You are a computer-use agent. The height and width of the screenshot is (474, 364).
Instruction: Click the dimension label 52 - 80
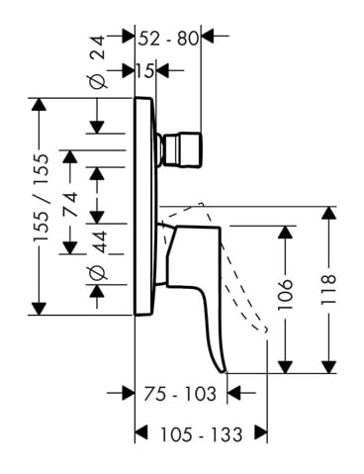point(168,39)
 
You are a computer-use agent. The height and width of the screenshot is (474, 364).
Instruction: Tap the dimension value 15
point(145,70)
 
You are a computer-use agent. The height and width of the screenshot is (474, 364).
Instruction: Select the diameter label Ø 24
point(98,61)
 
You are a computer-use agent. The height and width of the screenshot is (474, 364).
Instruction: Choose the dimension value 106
point(285,295)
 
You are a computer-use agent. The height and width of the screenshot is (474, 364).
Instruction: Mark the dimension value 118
point(328,289)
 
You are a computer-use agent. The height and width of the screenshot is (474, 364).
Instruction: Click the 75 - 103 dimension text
point(180,394)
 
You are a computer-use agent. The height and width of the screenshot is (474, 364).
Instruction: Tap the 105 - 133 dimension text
point(202,434)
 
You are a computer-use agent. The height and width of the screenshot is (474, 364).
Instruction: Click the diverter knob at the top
point(183,149)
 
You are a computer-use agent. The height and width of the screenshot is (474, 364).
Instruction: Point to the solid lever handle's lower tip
point(225,372)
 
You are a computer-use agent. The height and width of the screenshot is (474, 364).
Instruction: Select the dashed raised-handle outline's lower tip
point(266,330)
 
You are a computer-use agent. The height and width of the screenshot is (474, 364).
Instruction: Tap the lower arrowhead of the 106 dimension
point(285,367)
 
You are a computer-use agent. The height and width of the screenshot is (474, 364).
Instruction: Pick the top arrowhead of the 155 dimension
point(40,105)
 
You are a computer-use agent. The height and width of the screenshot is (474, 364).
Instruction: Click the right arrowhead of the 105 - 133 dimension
point(261,432)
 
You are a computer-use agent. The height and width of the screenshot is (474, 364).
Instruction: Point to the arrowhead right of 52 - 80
point(208,36)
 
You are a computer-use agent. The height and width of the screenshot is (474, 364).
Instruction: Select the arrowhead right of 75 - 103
point(234,393)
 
